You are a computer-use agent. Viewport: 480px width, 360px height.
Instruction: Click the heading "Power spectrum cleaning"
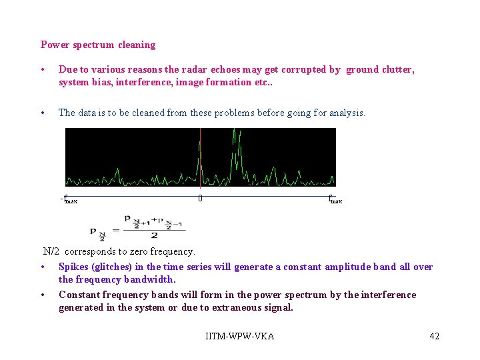97,45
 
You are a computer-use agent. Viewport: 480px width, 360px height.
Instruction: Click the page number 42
434,336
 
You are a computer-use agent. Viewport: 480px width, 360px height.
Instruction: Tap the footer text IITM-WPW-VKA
240,336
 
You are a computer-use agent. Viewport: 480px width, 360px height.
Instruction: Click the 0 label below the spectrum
200,198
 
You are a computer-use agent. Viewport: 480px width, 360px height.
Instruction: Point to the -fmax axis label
69,199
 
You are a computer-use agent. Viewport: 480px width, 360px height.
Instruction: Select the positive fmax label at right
335,199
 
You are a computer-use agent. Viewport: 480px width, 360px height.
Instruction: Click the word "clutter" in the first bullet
397,69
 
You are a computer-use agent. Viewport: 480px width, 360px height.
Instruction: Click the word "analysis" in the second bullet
345,113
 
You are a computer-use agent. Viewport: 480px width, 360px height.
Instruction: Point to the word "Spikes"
73,267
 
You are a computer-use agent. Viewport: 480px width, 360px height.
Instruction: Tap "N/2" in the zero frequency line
51,251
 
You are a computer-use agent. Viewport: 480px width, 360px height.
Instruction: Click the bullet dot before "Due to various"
42,70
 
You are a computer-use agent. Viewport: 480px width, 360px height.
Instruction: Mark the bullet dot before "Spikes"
42,267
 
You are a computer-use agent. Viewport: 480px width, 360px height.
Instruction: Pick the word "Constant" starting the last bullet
79,295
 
